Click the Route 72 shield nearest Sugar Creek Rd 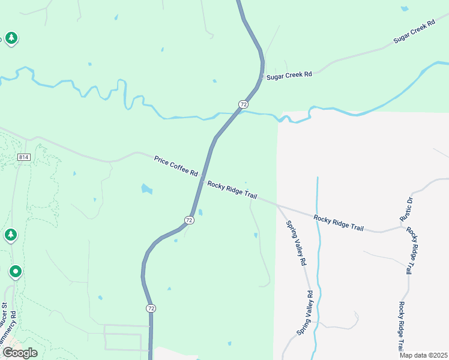tap(243, 104)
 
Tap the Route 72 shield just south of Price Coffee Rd tap(189, 220)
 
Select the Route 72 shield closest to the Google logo tap(150, 308)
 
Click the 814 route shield tap(23, 157)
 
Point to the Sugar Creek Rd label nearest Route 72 tap(290, 74)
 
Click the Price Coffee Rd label tap(176, 166)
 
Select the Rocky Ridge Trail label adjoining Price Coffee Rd tap(232, 192)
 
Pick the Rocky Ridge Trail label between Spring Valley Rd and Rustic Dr tap(339, 223)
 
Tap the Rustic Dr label tap(406, 208)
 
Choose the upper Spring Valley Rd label tap(296, 243)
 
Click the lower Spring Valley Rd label tap(305, 313)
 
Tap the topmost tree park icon tap(11, 39)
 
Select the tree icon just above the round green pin tap(10, 235)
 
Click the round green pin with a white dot tap(16, 272)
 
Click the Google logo tap(20, 352)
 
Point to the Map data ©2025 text tap(424, 355)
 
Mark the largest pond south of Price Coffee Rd tap(146, 189)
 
